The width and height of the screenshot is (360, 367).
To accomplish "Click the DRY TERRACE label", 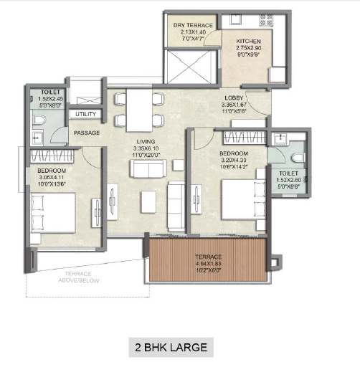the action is pos(193,25).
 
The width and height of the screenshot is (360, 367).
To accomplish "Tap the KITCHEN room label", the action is pos(248,41).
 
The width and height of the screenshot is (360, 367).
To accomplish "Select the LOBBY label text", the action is pos(234,97).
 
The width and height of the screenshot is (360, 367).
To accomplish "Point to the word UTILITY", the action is pos(85,114).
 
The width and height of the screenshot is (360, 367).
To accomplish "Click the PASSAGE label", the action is pos(87,133).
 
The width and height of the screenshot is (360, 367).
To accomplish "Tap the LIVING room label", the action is pos(146,141).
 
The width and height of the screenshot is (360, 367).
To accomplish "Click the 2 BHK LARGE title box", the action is pos(171,347).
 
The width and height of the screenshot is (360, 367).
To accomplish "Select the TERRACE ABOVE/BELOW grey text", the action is pos(78,277).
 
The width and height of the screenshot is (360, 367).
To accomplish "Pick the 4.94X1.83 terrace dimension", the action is pos(208,264).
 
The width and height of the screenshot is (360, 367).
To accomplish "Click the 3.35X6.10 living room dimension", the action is pos(146,148).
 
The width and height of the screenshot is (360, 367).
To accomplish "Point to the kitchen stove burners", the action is pos(266,20).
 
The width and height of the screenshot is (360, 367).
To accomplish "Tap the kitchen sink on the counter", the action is pos(236,19).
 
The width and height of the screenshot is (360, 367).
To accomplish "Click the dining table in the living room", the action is pos(139,110).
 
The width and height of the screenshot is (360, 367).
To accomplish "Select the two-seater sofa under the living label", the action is pos(148,168).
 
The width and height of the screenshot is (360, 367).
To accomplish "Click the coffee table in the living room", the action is pos(148,202).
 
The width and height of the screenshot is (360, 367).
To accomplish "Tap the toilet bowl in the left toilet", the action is pos(39,120).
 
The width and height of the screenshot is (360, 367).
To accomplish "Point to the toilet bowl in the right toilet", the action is pos(298,158).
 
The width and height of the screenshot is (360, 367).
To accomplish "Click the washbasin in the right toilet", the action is pos(280,138).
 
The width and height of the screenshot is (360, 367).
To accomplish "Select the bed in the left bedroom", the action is pos(53,213).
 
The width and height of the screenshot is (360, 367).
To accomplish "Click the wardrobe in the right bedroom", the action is pos(245,138).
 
